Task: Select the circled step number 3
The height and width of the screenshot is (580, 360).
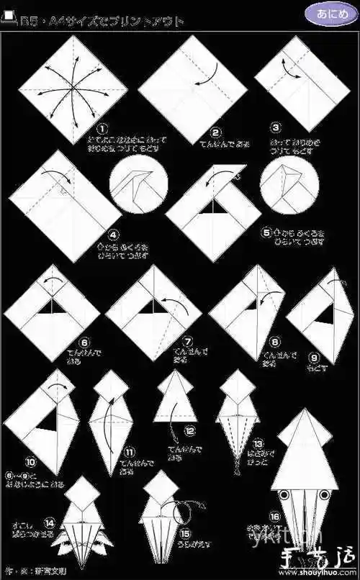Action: pos(276,127)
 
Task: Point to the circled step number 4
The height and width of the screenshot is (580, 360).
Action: pos(113,234)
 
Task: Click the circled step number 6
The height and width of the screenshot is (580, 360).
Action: pos(84,343)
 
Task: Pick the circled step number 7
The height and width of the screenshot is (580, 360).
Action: pos(189,343)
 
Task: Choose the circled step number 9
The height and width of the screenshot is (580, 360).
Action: pos(314,355)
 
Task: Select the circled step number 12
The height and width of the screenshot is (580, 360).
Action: pos(189,432)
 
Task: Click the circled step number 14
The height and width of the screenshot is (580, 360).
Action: pos(50,522)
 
